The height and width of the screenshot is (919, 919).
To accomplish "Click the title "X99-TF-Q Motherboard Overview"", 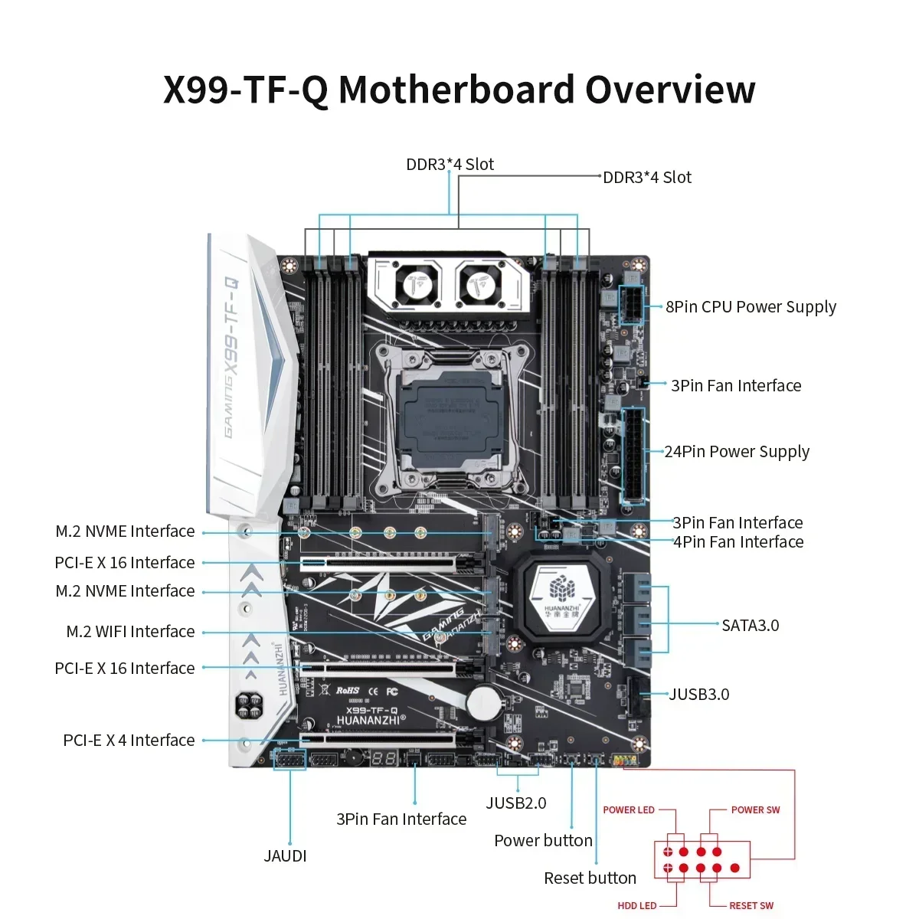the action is coord(459,90).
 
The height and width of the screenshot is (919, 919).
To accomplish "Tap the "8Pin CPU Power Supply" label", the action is coord(751,307).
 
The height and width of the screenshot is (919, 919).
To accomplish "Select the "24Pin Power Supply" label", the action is coord(736,452).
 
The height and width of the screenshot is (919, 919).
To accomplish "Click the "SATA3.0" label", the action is coord(750,626).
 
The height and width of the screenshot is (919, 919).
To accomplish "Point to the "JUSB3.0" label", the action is coord(698,695).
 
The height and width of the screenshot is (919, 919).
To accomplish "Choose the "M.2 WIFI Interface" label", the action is coord(130,632).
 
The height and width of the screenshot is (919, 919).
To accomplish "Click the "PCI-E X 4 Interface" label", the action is coord(129,741).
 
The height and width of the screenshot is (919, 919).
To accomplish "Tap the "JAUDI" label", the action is coord(285,856).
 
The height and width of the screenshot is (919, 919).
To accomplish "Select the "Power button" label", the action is coord(543,841).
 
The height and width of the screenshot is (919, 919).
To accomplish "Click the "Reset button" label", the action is coord(590,878).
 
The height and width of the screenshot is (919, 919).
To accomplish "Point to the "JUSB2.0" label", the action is coord(516,803).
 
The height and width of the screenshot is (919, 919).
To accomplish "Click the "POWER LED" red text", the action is coord(629,810).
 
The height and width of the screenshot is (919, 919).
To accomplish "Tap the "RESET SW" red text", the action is coord(751,906).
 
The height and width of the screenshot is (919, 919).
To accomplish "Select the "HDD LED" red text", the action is coord(637,906).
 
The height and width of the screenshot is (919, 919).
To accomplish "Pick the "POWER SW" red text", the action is coord(755,810).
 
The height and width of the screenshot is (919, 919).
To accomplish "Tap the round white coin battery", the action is coord(484,702).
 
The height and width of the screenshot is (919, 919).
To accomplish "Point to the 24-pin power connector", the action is coord(634,455).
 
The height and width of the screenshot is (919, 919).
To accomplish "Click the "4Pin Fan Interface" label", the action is coord(738,542).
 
